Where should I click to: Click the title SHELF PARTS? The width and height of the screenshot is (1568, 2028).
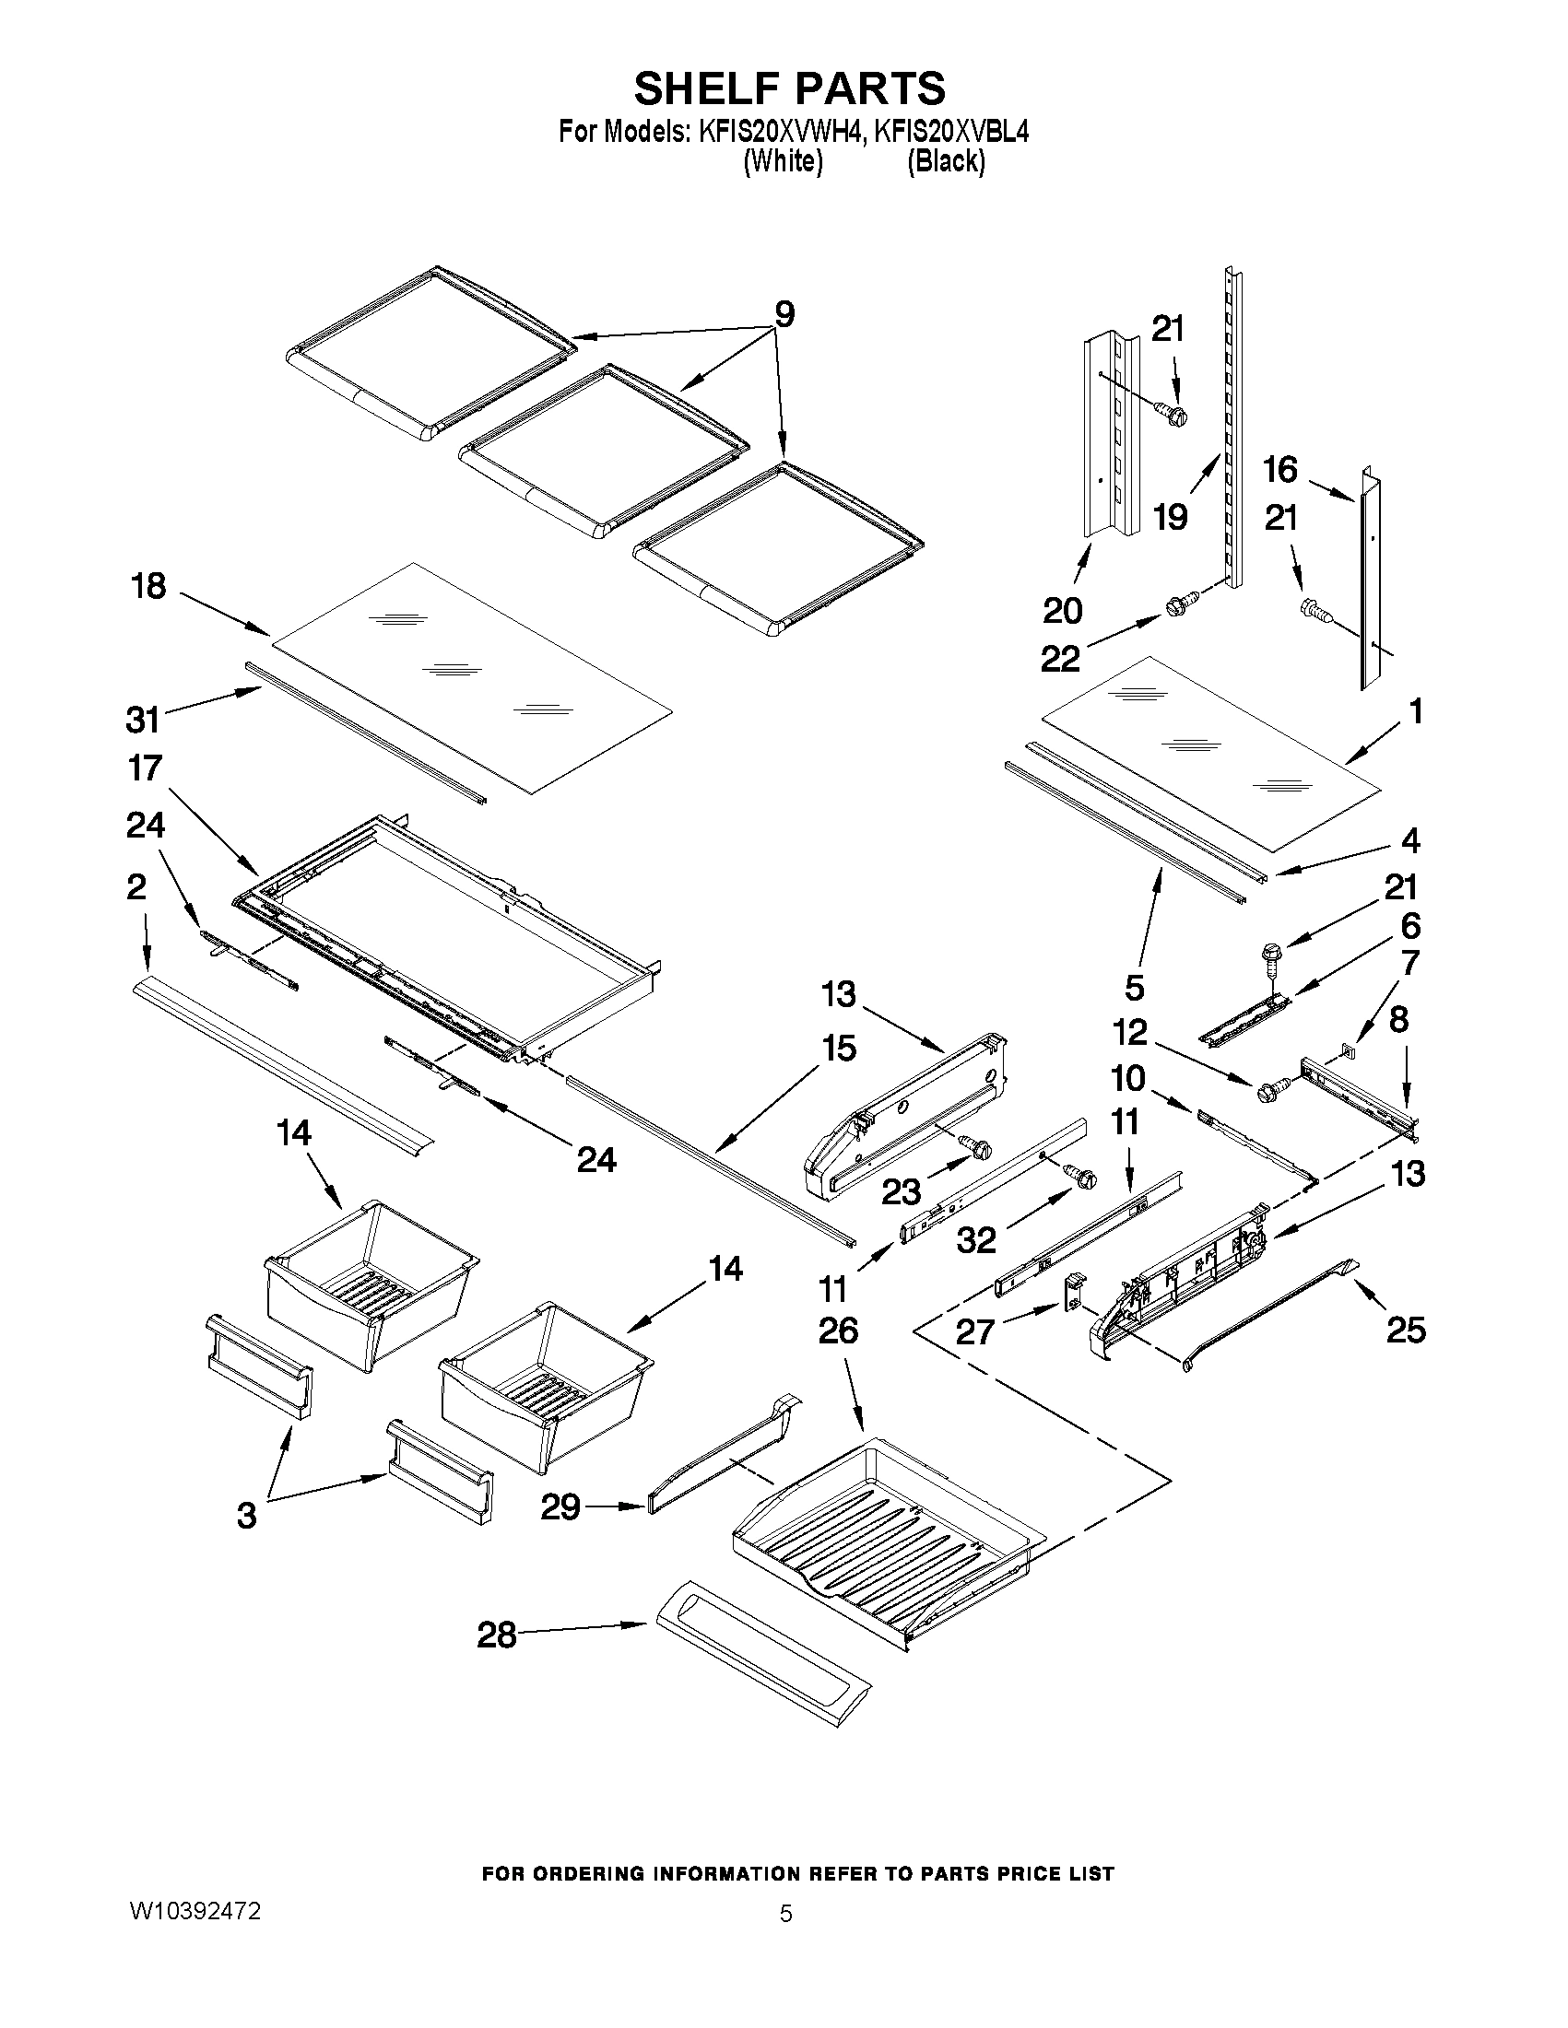[x=789, y=88]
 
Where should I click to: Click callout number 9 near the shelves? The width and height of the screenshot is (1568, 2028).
[x=785, y=315]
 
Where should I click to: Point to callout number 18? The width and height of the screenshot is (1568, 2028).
[x=148, y=586]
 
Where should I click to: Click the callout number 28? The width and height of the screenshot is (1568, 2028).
[x=496, y=1635]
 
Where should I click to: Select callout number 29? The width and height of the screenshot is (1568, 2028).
[x=560, y=1506]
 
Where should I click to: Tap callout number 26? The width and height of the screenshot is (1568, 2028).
[x=838, y=1331]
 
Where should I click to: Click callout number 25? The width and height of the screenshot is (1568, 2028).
[x=1406, y=1330]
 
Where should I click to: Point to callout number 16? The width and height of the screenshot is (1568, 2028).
[x=1280, y=469]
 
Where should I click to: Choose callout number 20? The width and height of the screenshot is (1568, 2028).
[x=1062, y=610]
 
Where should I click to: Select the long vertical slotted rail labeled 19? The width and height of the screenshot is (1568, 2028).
[x=1232, y=428]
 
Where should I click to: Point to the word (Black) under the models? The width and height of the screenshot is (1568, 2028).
[x=946, y=161]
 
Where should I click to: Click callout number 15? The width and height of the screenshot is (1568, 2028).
[x=839, y=1049]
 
